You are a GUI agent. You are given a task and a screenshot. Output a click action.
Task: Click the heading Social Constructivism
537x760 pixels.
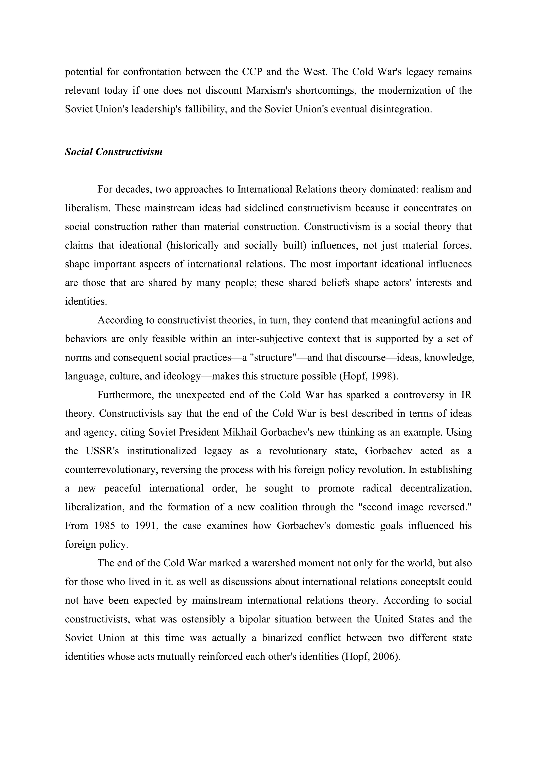114,152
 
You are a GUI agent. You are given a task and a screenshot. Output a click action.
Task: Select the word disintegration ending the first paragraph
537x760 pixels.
400,109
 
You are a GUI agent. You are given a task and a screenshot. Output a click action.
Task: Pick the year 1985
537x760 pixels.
105,526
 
